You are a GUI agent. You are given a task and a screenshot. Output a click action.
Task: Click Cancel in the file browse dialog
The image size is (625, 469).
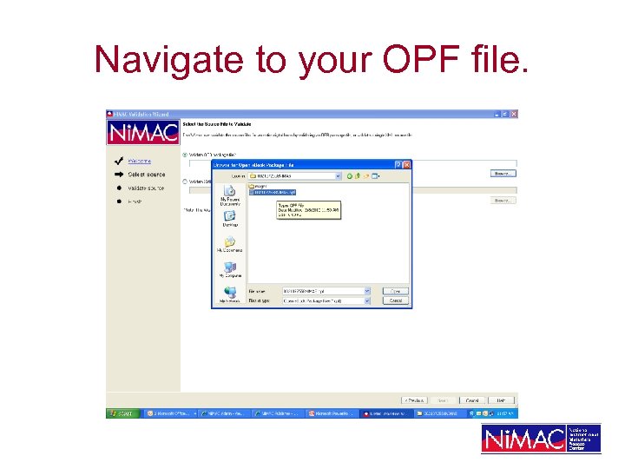(x=395, y=301)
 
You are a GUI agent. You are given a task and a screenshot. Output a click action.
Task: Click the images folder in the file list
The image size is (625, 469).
(x=258, y=186)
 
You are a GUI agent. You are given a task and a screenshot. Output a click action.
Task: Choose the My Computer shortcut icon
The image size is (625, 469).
(x=229, y=269)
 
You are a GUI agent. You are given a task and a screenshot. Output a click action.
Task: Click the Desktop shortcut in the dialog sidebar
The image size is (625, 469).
(x=229, y=220)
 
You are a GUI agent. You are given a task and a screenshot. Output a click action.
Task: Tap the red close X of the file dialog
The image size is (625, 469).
(x=407, y=164)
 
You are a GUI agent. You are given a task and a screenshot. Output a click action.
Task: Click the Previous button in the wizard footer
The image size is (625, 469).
(x=414, y=400)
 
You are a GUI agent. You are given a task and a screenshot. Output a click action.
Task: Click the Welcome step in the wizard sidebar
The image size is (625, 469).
(x=139, y=161)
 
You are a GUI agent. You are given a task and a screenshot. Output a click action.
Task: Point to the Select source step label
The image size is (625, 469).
(x=146, y=175)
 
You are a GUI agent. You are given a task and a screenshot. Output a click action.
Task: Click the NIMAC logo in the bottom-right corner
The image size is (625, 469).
(x=541, y=439)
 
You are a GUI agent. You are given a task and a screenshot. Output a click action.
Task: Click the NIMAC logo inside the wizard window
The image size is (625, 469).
(x=142, y=132)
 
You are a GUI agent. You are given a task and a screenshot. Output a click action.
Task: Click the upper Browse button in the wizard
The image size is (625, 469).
(x=501, y=173)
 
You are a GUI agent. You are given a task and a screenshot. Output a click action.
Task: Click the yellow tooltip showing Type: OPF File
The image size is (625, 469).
(x=308, y=209)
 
